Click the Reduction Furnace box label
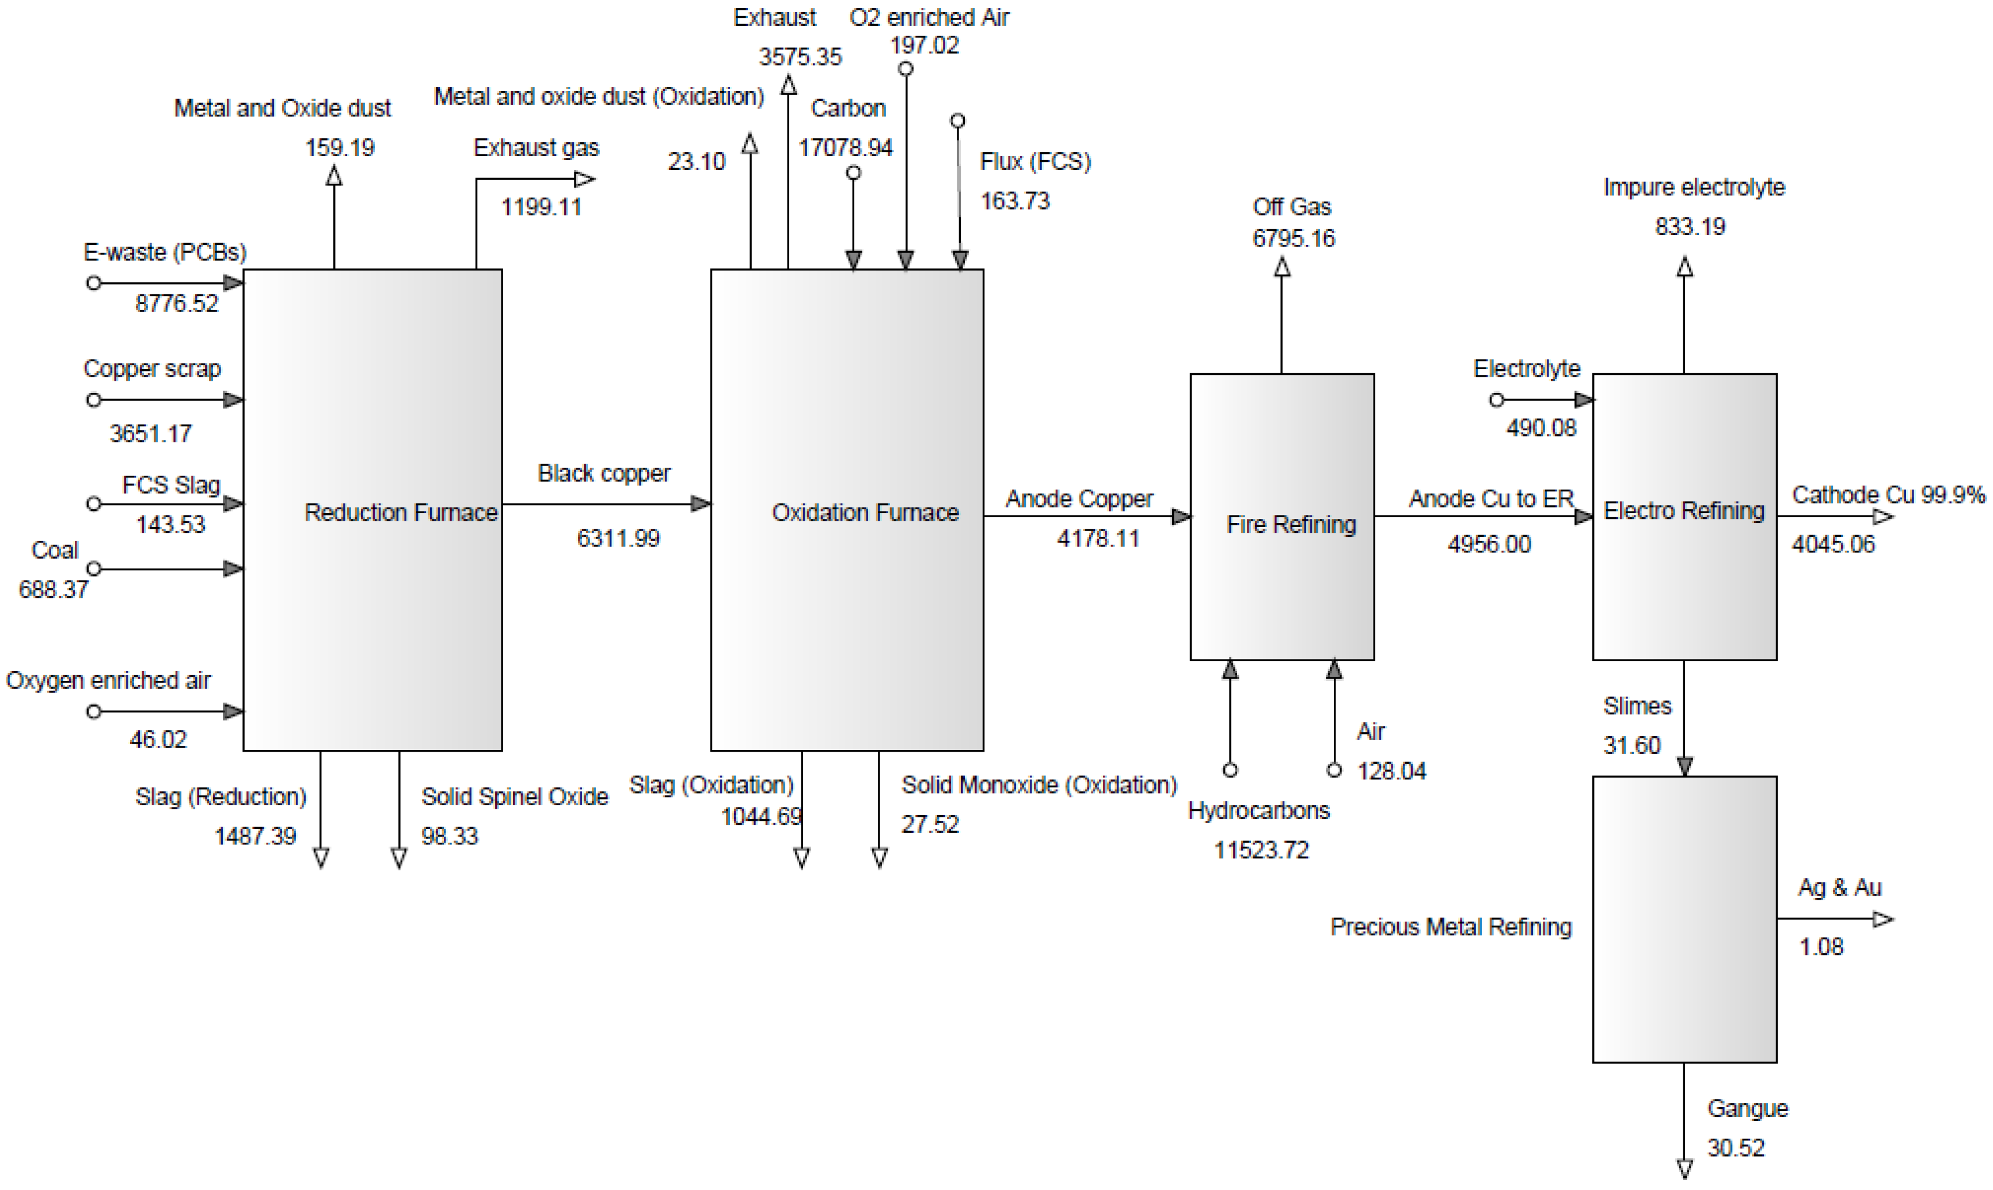[x=401, y=513]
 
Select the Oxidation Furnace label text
[x=865, y=513]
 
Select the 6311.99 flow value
[x=618, y=538]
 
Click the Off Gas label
[x=1291, y=207]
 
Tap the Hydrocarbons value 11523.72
[x=1261, y=850]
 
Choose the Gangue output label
[x=1747, y=1109]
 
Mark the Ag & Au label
[x=1839, y=888]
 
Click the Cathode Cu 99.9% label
[x=1888, y=495]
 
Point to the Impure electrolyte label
[x=1693, y=188]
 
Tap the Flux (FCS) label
[x=1034, y=162]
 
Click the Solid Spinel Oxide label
[x=515, y=797]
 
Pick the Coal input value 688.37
[x=53, y=589]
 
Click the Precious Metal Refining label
[x=1451, y=927]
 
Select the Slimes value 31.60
[x=1631, y=746]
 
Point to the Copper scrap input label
[x=151, y=369]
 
